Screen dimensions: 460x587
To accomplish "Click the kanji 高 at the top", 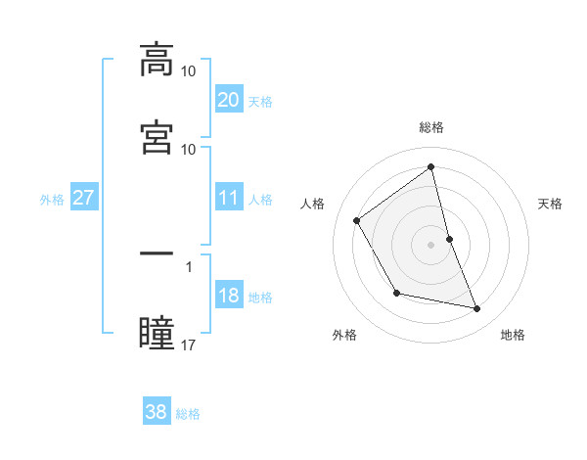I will pos(157,60).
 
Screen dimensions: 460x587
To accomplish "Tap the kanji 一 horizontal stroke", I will pos(157,253).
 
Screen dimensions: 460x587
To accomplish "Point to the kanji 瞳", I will pos(157,333).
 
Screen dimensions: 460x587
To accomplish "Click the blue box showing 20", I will pos(228,100).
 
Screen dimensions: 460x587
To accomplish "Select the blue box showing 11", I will pos(228,199).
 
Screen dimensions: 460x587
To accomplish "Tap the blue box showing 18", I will pos(228,297).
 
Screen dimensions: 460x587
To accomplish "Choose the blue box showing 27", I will pos(83,199).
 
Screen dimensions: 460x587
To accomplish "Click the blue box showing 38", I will pos(156,413).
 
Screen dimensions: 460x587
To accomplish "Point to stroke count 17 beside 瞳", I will pos(189,345).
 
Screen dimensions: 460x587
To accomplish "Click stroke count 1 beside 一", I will pos(189,265).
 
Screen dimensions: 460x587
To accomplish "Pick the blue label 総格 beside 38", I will pos(188,414).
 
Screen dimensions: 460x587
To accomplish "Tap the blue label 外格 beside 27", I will pos(52,200).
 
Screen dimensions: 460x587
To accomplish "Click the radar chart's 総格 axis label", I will pos(431,127).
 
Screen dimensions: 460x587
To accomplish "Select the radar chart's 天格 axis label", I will pos(551,204).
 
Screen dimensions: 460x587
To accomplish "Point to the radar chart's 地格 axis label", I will pos(513,336).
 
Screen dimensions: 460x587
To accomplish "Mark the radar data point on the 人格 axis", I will pos(357,220).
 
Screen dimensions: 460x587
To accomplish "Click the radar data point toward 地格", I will pos(477,309).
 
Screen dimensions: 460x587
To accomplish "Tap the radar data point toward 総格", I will pos(431,166).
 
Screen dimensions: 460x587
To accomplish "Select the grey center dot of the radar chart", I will pos(431,245).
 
